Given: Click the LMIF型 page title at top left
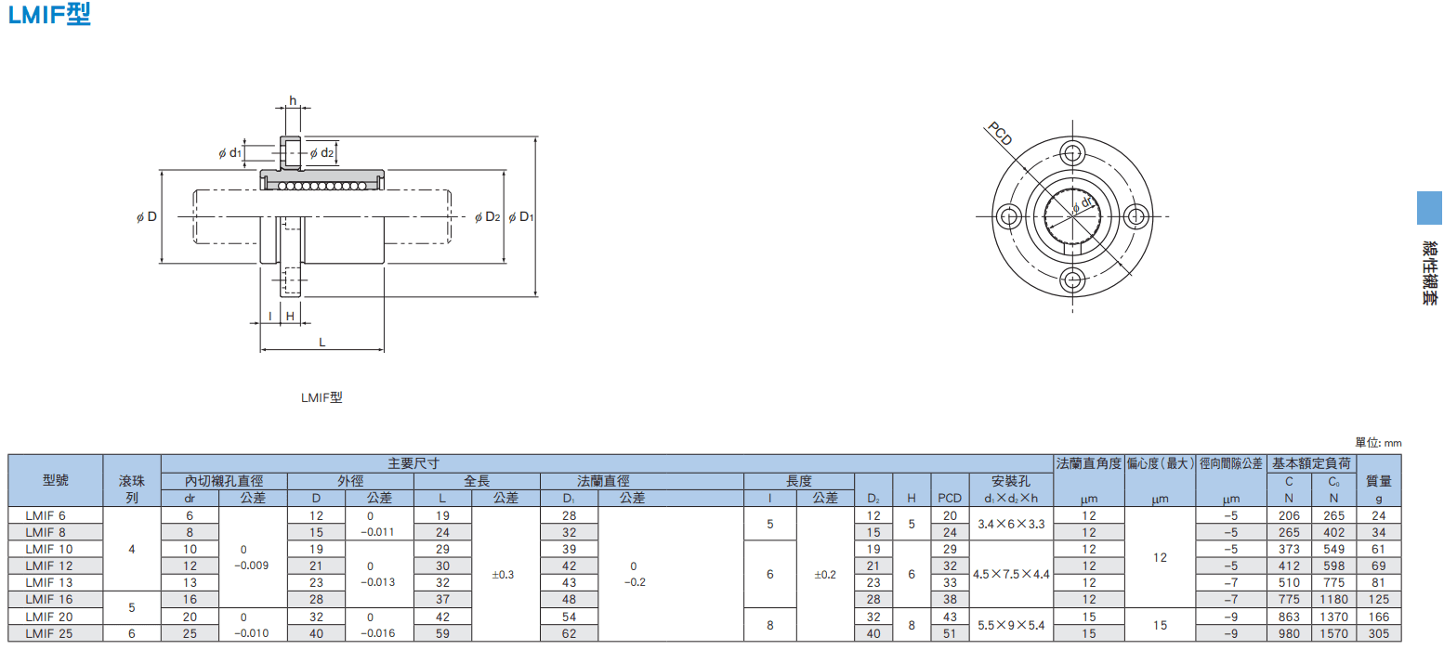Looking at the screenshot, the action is (49, 14).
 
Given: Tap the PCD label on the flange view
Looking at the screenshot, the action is (1000, 134).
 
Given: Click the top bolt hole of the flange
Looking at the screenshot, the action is (1072, 153).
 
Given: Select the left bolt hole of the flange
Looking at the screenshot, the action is (1009, 216).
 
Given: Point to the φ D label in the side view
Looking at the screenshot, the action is (147, 217).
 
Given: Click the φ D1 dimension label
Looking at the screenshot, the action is (521, 217).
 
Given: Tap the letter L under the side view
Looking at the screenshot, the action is (322, 342).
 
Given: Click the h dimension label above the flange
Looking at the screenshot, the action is (293, 100).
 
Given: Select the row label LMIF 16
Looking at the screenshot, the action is (49, 600).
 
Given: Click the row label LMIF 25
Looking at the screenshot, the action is (49, 634).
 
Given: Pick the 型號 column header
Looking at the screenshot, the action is (56, 480).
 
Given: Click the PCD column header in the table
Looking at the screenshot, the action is (950, 498).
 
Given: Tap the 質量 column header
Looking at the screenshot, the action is (1379, 481).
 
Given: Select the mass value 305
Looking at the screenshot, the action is (1379, 634).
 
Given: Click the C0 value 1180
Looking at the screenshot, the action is (1333, 600).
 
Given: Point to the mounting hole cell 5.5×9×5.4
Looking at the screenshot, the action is (1011, 625).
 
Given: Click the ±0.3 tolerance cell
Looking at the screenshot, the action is (503, 575).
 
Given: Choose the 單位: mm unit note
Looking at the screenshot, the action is (1378, 443).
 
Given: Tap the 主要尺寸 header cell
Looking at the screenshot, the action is (414, 463).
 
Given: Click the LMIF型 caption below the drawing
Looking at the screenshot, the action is (322, 397).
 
